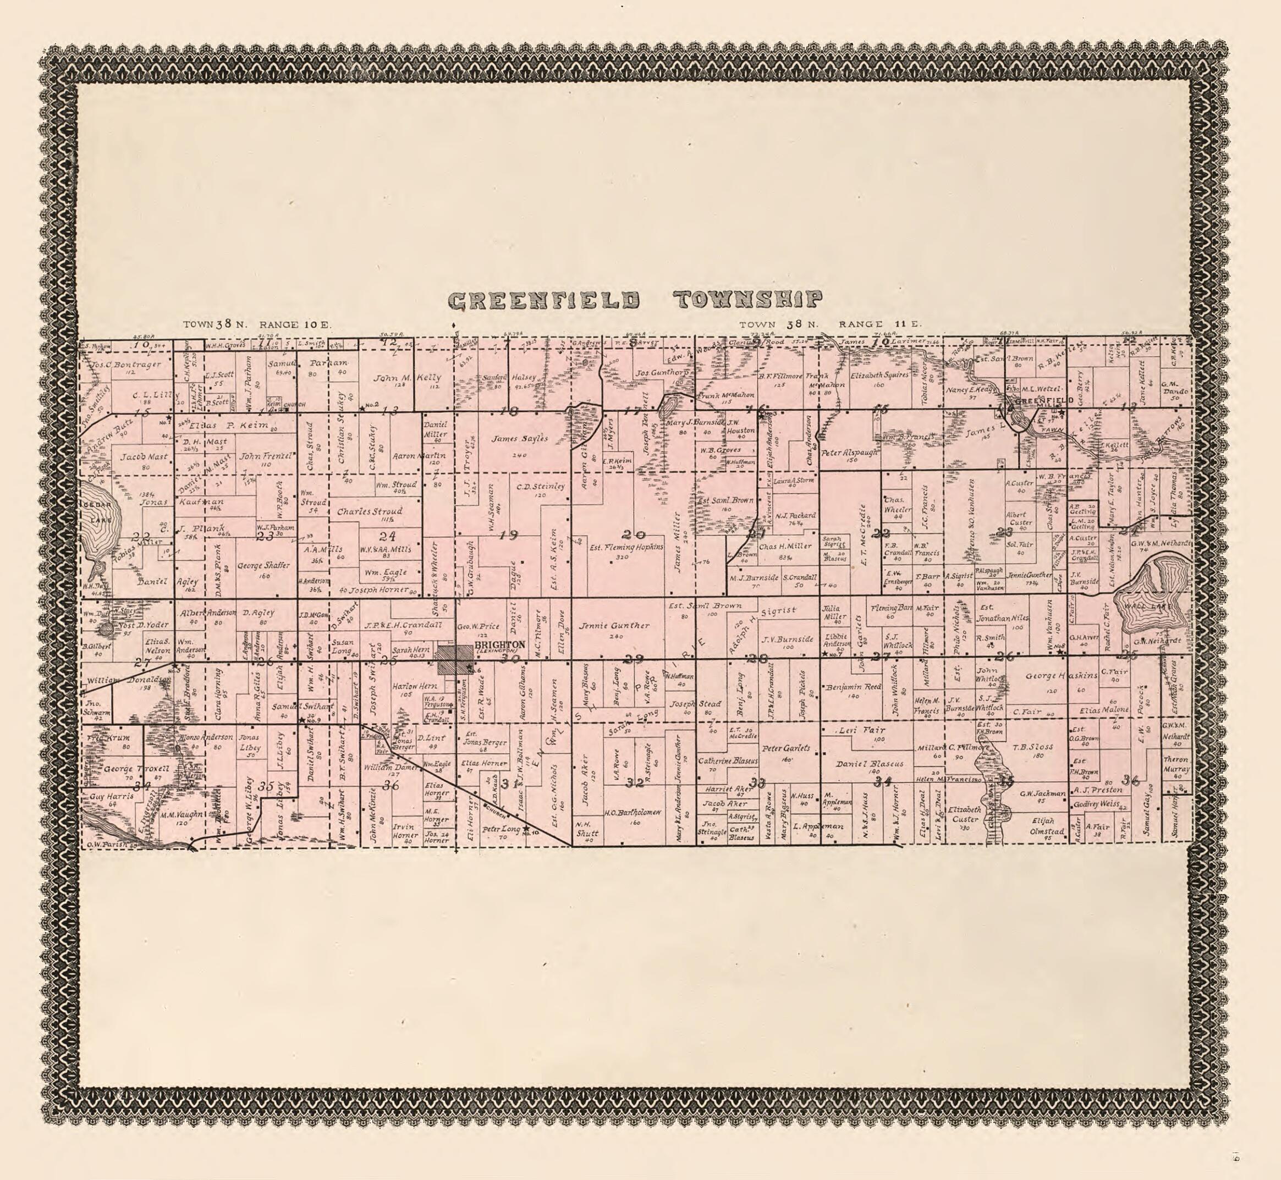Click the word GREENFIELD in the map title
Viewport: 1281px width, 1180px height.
(x=544, y=300)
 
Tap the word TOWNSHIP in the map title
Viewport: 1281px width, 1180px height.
(x=748, y=299)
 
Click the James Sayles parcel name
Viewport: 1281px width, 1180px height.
(x=519, y=439)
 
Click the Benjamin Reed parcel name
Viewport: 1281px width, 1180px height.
(x=853, y=688)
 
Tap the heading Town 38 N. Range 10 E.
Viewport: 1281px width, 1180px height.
(x=257, y=324)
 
